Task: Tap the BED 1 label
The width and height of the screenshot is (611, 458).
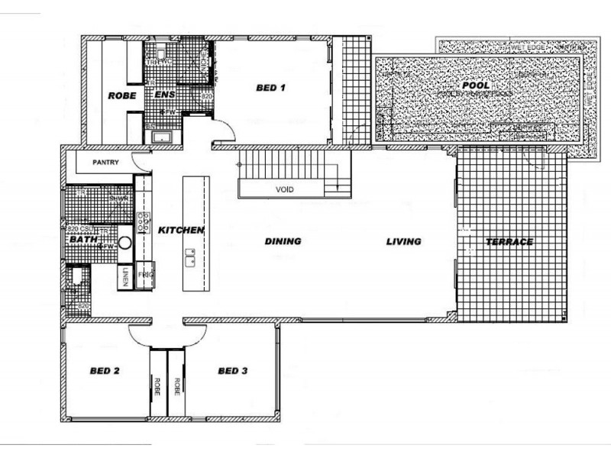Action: [270, 89]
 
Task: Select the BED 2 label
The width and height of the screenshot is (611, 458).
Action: [105, 372]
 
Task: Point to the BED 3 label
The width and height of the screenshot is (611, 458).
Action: [233, 372]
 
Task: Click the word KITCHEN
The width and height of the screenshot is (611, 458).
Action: [181, 230]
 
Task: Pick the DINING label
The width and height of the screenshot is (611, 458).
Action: [283, 241]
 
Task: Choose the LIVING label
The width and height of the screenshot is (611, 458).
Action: [403, 241]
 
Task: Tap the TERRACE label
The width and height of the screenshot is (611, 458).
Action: [509, 242]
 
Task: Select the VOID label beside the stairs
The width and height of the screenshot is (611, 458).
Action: [284, 189]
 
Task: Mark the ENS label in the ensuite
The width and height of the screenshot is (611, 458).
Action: [166, 95]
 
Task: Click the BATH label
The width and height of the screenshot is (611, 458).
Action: [82, 240]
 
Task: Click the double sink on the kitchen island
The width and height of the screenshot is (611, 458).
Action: [191, 257]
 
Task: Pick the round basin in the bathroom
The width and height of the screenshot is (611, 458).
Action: [126, 246]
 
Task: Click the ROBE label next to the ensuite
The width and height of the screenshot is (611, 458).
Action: [121, 95]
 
